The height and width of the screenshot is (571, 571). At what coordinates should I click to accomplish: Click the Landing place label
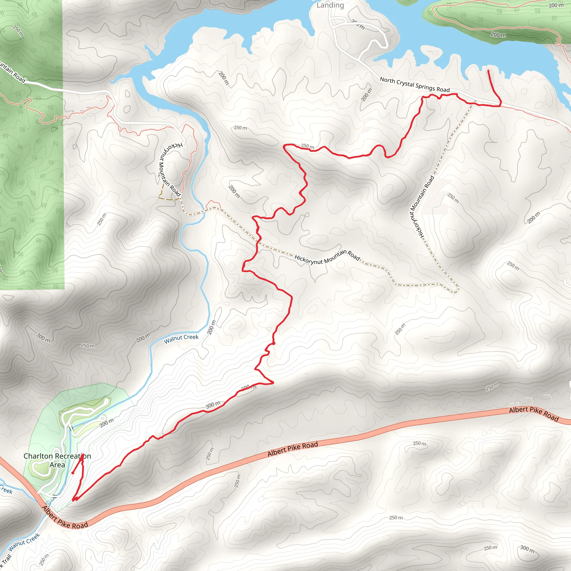pyautogui.click(x=330, y=5)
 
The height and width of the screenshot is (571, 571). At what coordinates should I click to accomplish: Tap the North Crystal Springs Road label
pyautogui.click(x=415, y=84)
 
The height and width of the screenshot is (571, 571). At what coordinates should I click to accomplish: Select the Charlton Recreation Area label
pyautogui.click(x=57, y=460)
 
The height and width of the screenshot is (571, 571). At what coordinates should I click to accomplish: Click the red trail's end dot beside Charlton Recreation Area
pyautogui.click(x=73, y=473)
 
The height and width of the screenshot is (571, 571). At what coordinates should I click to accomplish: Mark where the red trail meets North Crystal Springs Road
pyautogui.click(x=501, y=105)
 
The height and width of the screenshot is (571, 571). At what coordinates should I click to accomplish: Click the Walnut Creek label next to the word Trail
pyautogui.click(x=24, y=542)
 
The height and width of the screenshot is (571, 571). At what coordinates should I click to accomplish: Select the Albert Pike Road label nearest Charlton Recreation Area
pyautogui.click(x=65, y=517)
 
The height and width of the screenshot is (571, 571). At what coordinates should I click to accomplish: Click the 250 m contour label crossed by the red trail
pyautogui.click(x=307, y=146)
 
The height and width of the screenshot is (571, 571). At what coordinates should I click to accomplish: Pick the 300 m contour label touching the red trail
pyautogui.click(x=213, y=405)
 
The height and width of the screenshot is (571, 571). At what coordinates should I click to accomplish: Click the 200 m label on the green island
pyautogui.click(x=498, y=35)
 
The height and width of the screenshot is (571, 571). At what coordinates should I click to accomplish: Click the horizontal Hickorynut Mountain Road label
pyautogui.click(x=327, y=257)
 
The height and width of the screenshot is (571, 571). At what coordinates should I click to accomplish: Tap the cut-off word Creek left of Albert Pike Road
pyautogui.click(x=6, y=490)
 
